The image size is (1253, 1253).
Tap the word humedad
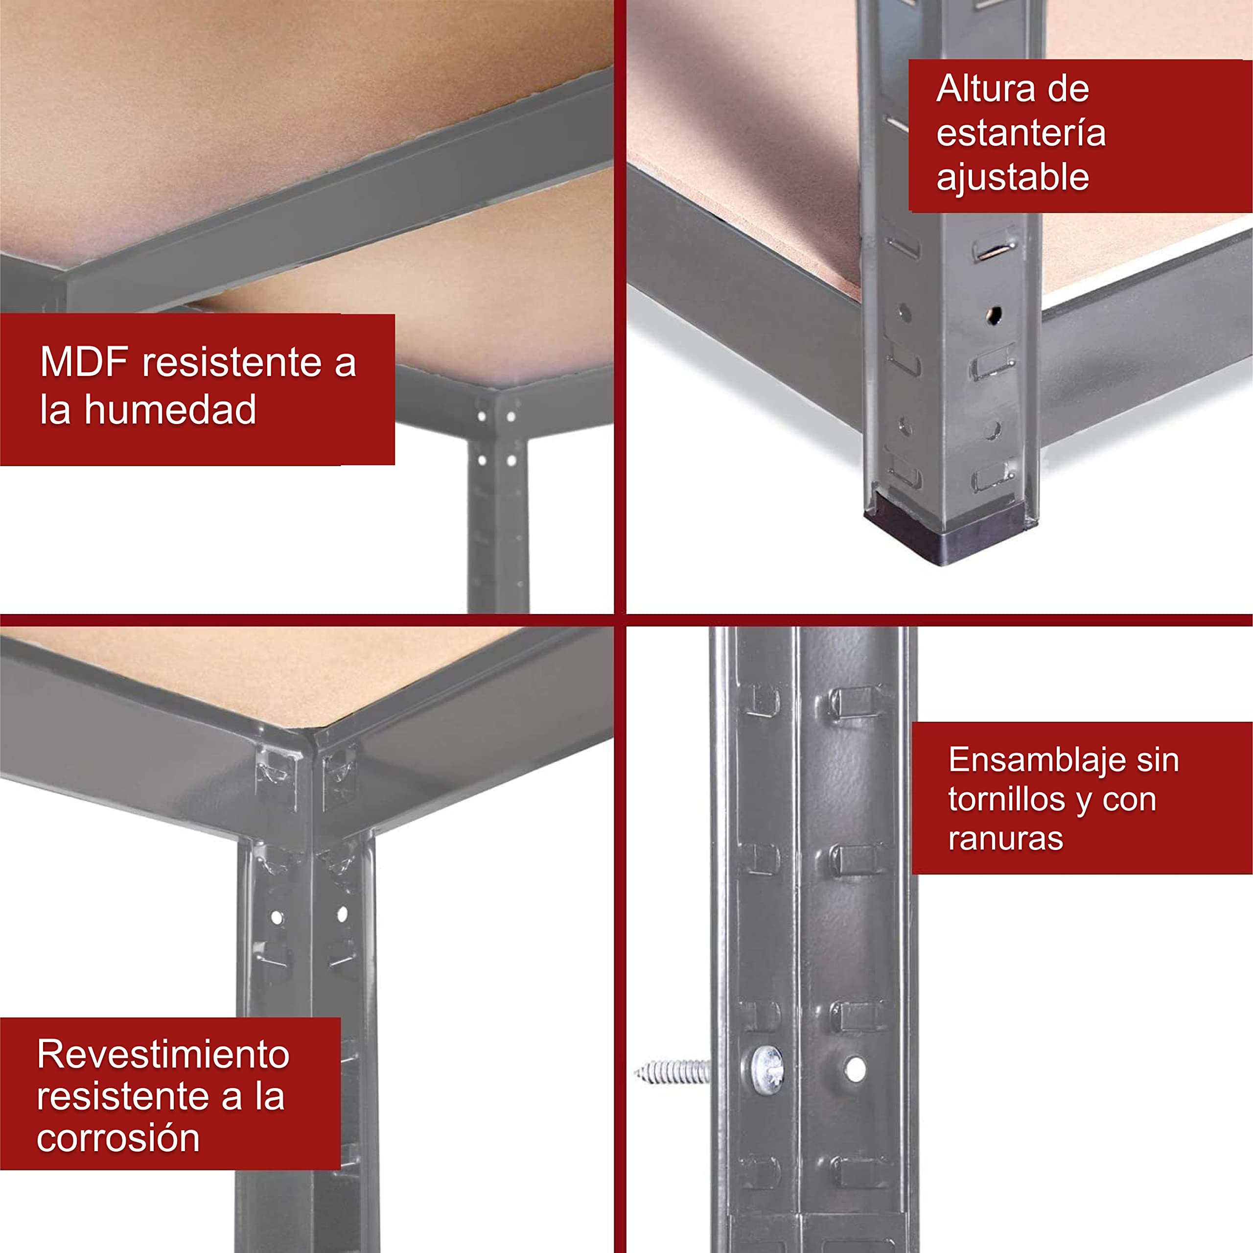[x=170, y=409]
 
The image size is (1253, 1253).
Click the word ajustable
[x=1012, y=178]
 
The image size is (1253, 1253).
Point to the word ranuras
[x=1005, y=838]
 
